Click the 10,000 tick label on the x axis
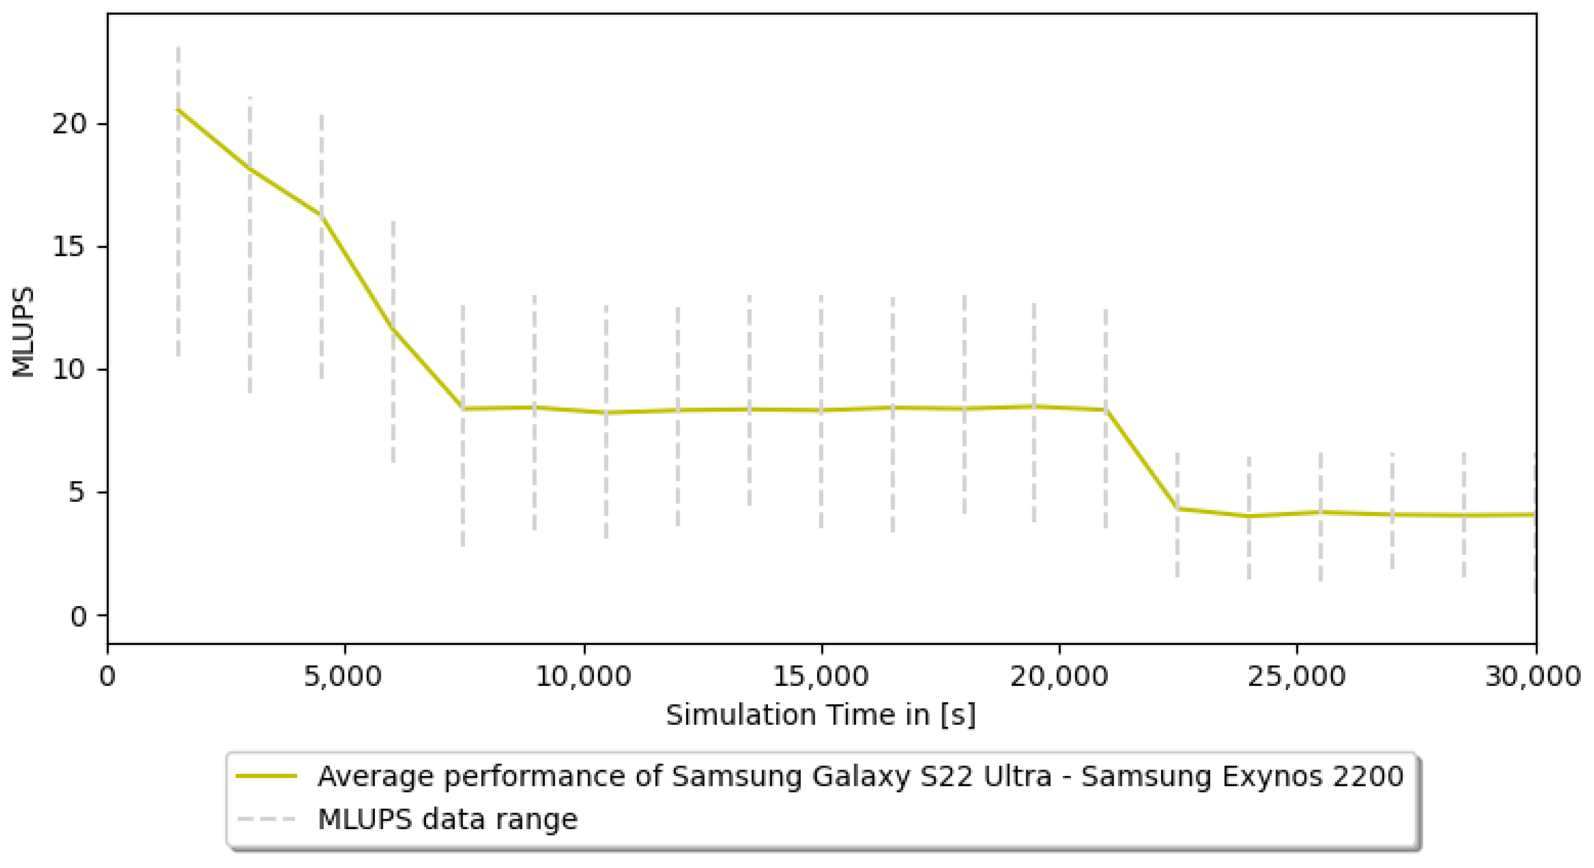point(583,676)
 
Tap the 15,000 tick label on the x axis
point(821,676)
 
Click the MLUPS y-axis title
point(24,332)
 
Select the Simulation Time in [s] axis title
point(821,715)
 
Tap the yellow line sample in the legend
point(266,776)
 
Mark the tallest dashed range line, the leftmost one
point(178,201)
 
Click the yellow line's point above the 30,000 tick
point(1534,514)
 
